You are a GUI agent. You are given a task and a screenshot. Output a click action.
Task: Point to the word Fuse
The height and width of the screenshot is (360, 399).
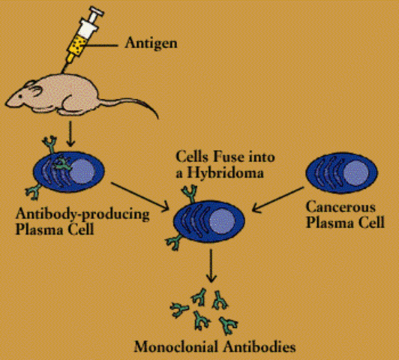point(224,159)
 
